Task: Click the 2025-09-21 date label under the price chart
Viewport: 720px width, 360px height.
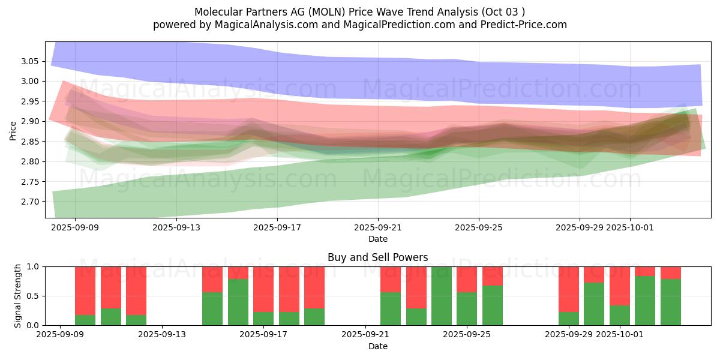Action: pyautogui.click(x=377, y=227)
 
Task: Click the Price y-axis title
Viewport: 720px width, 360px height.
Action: pyautogui.click(x=13, y=130)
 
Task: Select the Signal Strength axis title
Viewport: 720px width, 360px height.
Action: pyautogui.click(x=18, y=296)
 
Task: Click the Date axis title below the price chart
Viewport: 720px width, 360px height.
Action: pyautogui.click(x=377, y=239)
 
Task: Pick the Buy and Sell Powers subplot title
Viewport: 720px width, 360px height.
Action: pyautogui.click(x=377, y=257)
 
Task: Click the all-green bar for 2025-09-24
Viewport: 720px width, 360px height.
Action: pyautogui.click(x=441, y=296)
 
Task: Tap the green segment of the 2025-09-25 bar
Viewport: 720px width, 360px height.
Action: pyautogui.click(x=467, y=308)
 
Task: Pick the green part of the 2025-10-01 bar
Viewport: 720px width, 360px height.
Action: pyautogui.click(x=619, y=315)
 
